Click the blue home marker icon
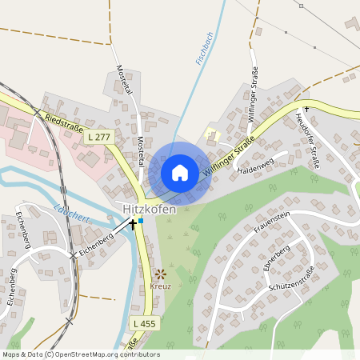pos(180,172)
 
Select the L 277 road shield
pos(99,138)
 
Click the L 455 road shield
pos(144,322)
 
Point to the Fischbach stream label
pos(203,48)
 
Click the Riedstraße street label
pos(64,123)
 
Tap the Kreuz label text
pos(160,286)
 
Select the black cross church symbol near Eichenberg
pos(133,226)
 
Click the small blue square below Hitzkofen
pos(141,221)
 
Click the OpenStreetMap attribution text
pos(80,354)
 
